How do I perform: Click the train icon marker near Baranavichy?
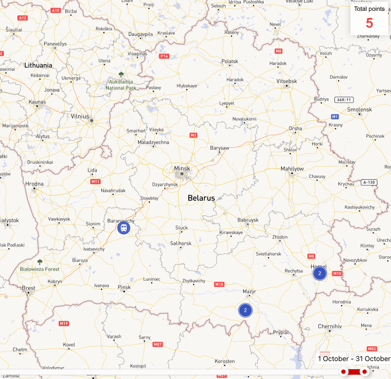[124, 229]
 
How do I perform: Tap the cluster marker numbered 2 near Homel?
[320, 273]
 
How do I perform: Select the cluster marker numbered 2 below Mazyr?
[245, 310]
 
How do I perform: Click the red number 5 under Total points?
[369, 23]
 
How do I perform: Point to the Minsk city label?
[182, 169]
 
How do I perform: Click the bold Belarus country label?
[201, 198]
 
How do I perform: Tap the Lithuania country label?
[38, 65]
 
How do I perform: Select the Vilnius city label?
[79, 116]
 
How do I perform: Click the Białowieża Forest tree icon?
[40, 262]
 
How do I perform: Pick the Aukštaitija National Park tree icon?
[121, 74]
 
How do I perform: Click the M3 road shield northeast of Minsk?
[193, 135]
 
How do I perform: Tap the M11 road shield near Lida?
[96, 181]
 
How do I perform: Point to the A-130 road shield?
[369, 182]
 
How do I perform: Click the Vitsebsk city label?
[287, 81]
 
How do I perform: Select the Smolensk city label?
[359, 109]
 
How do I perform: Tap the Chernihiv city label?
[329, 326]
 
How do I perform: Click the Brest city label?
[28, 288]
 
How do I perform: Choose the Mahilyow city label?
[292, 169]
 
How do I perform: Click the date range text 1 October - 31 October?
[354, 358]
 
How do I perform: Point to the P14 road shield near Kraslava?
[164, 56]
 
